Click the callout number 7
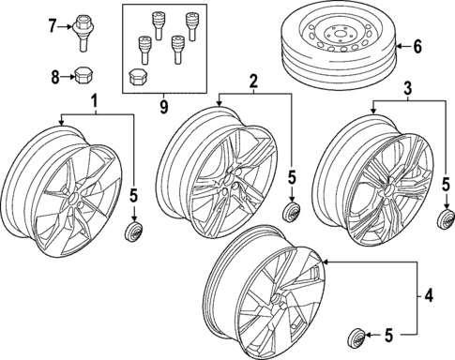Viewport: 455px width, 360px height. pos(53,25)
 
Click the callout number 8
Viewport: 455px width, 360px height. pos(55,77)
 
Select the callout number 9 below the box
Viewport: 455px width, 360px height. pos(164,107)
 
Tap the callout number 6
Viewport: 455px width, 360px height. pos(417,47)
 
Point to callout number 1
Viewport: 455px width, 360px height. pos(95,102)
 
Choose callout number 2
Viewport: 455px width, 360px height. pos(253,81)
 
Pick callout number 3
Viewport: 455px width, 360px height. pos(408,89)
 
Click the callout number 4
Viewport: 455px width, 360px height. pos(429,295)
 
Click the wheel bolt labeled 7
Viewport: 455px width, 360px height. pos(83,33)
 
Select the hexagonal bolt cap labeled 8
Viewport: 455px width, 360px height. pos(83,76)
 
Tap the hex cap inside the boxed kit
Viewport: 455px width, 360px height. pos(136,78)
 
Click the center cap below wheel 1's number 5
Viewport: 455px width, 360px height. pos(133,232)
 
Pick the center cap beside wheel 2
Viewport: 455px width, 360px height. pos(292,213)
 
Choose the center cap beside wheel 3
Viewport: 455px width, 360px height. pos(446,218)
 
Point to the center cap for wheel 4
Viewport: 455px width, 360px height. pos(356,337)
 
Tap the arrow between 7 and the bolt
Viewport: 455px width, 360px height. pos(66,27)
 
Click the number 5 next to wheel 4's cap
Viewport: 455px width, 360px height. pos(387,336)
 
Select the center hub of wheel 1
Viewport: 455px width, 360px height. pos(74,198)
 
